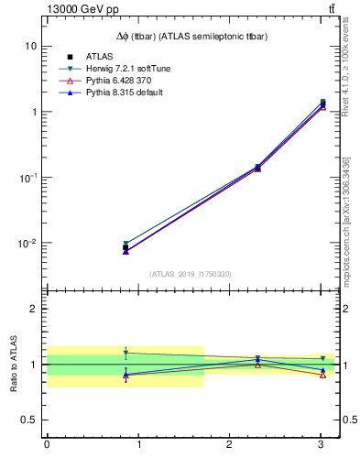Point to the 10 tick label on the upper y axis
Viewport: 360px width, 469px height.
(30, 46)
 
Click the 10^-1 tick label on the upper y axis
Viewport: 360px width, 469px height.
(27, 177)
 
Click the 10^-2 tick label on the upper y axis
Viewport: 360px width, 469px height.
(27, 243)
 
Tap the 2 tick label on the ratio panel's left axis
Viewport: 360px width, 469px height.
(33, 309)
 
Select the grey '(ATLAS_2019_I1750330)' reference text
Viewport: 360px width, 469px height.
(191, 274)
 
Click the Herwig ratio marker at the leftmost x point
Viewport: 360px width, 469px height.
(125, 353)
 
